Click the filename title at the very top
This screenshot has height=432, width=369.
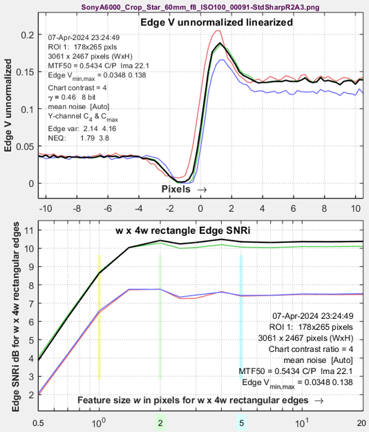point(200,7)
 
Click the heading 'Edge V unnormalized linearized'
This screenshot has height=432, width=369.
point(216,22)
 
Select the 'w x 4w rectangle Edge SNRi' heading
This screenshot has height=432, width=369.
point(183,230)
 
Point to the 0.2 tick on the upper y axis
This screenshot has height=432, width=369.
point(28,35)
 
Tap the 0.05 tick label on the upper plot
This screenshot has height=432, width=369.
point(25,146)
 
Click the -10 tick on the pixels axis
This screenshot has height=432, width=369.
point(46,208)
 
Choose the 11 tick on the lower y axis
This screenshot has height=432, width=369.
point(30,230)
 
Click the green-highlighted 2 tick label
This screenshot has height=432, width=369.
point(160,423)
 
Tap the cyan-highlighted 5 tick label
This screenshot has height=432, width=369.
point(241,423)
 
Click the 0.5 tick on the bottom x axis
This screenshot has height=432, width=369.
point(38,423)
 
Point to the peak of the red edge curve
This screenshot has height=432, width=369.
point(218,30)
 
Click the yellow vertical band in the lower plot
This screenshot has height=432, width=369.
point(100,317)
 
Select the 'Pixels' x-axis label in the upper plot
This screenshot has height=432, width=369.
point(176,189)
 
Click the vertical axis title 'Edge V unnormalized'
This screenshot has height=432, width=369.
point(8,105)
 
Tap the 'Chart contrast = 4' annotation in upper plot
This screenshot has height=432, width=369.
point(77,88)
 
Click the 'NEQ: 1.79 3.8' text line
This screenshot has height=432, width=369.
point(78,138)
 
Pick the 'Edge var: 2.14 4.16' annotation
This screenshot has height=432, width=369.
point(82,128)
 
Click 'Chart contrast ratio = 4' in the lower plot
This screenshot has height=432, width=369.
point(311,349)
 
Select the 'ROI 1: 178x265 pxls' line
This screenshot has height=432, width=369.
point(82,47)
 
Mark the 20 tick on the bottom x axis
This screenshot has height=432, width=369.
point(362,423)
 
